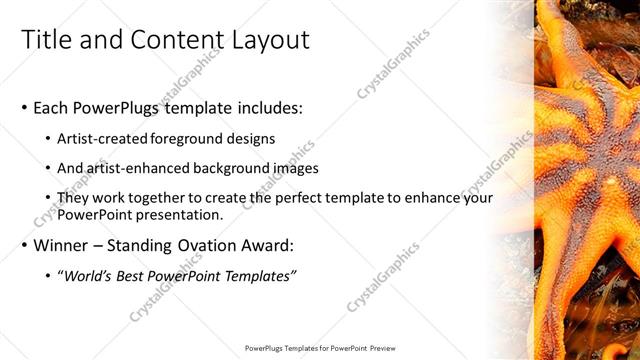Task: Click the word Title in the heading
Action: tap(49, 40)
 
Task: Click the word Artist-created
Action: tap(103, 138)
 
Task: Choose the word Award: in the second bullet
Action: tap(266, 245)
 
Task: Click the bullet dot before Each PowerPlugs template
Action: tap(24, 108)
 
